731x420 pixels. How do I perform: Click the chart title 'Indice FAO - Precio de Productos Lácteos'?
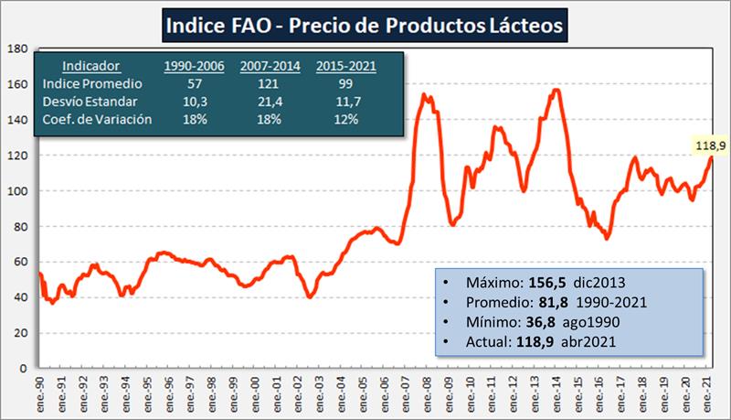tap(365, 25)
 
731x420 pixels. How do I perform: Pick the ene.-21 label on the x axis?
tap(705, 392)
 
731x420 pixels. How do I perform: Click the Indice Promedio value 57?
tap(194, 83)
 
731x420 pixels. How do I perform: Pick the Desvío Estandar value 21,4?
tap(270, 101)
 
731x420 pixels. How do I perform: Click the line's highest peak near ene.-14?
tap(556, 90)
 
